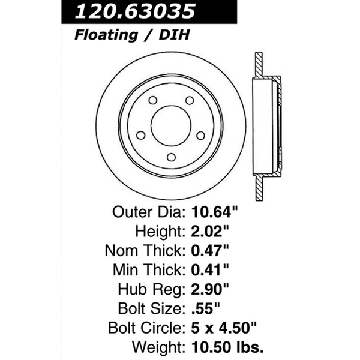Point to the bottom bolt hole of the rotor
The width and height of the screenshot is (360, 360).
tap(170, 158)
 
